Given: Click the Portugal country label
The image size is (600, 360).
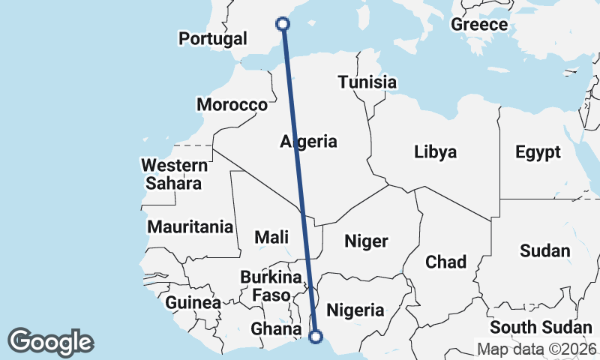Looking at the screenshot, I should point(214,38).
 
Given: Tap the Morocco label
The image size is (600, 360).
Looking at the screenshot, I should point(232,104).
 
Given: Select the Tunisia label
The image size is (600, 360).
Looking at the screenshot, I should point(367,82).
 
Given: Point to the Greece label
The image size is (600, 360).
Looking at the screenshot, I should point(479,24).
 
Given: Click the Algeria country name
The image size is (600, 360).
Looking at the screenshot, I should point(309,141).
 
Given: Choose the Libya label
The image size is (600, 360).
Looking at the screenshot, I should point(435,152).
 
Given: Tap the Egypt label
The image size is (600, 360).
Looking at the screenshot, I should point(538,152).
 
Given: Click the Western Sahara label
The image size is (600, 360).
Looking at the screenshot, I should point(174,174).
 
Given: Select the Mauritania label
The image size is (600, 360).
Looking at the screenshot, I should point(190,226).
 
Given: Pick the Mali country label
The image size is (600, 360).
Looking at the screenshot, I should point(271,237).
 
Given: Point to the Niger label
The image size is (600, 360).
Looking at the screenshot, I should point(366,241).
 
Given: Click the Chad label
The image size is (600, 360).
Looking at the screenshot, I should point(445,262).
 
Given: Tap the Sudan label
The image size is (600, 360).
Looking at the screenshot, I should point(545,250).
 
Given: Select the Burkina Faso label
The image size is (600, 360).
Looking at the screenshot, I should point(271,286).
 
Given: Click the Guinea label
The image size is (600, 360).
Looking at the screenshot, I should point(193,303).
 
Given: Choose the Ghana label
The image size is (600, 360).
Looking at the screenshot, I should point(271,328).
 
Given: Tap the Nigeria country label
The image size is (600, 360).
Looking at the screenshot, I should point(355,310).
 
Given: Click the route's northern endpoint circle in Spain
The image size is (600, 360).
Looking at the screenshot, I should point(283,24).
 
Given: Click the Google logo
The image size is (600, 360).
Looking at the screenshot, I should point(50,341).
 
